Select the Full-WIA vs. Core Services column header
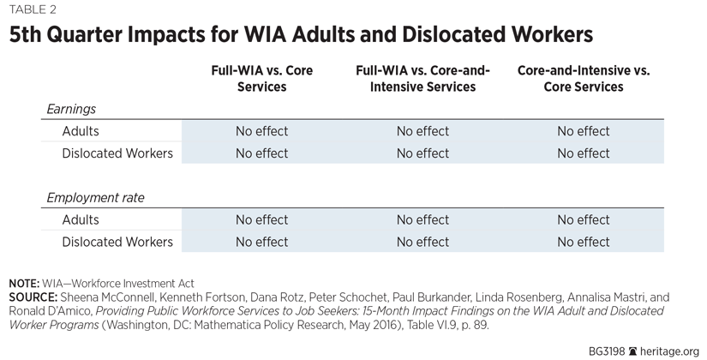(261, 79)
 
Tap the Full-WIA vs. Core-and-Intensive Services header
(422, 79)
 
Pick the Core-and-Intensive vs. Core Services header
(583, 79)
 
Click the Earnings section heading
(71, 110)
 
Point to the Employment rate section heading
(95, 198)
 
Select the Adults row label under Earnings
(81, 131)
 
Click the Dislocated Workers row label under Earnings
(117, 153)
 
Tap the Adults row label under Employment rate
(81, 220)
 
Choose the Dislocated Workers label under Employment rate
(117, 243)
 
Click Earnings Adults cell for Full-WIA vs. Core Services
(261, 131)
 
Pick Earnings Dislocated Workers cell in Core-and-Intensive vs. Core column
(583, 153)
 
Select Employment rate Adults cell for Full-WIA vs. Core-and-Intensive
(422, 220)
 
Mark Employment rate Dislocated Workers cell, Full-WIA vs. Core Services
(261, 243)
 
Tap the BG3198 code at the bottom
(607, 351)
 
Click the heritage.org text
(668, 351)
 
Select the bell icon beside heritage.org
(633, 351)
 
